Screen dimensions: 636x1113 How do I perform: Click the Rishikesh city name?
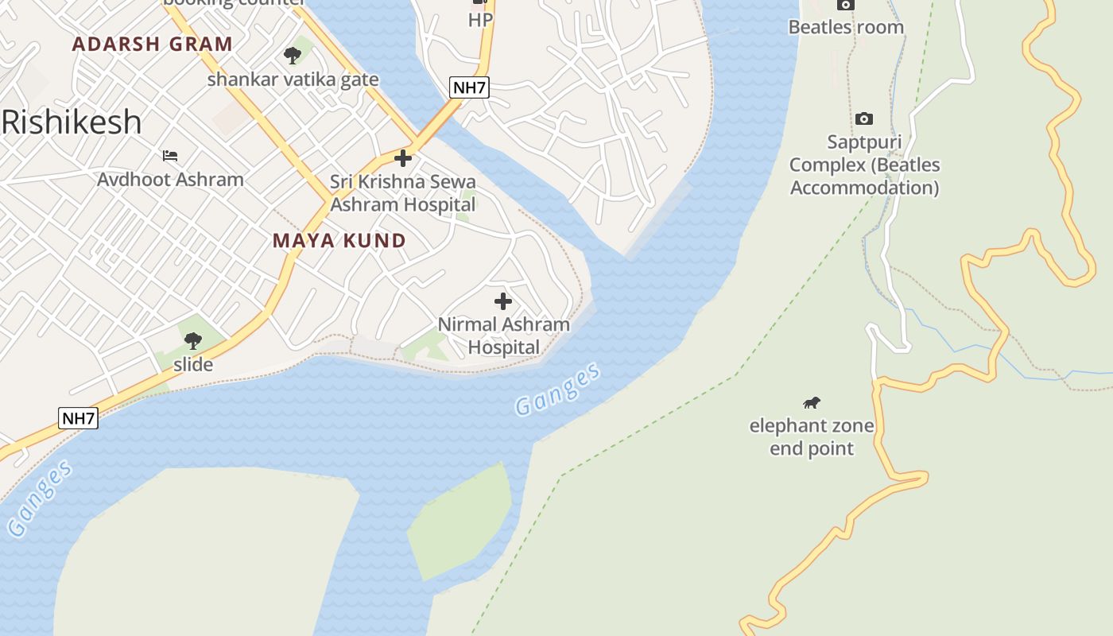click(72, 122)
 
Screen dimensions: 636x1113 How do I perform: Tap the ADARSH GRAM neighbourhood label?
click(152, 44)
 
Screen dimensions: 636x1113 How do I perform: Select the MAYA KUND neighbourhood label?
click(339, 240)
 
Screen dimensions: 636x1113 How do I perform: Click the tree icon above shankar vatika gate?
click(293, 55)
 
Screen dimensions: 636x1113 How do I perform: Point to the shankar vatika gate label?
click(293, 79)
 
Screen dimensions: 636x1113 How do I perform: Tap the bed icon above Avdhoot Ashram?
click(170, 155)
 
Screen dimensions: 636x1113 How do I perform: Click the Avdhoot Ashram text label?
click(170, 179)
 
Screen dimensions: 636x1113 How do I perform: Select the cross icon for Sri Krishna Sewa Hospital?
click(403, 158)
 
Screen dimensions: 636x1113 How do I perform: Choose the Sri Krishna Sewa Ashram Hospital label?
click(403, 193)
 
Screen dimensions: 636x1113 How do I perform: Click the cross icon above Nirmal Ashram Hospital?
click(503, 301)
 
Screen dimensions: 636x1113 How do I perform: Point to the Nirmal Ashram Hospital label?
click(504, 335)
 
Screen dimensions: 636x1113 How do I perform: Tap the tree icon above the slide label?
click(192, 341)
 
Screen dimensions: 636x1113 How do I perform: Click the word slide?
click(193, 365)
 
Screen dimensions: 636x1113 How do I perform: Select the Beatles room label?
click(846, 27)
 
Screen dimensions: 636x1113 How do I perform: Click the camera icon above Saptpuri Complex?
click(863, 119)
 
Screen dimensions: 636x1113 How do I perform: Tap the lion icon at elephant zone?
click(812, 402)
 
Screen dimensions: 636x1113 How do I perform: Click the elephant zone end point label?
click(812, 436)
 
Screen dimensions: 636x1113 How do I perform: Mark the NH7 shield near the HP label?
click(469, 87)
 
